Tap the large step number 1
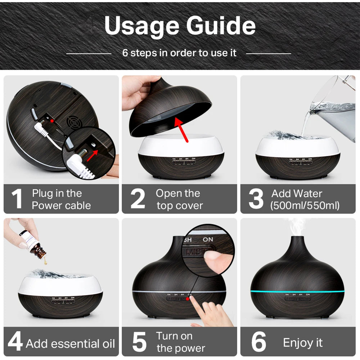point(17,199)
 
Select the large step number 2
point(138,199)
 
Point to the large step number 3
point(256,199)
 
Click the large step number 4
point(15,342)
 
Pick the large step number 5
point(139,342)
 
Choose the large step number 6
point(258,342)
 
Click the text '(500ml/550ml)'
point(305,206)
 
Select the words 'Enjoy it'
point(303,342)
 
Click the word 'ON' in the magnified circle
point(208,239)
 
